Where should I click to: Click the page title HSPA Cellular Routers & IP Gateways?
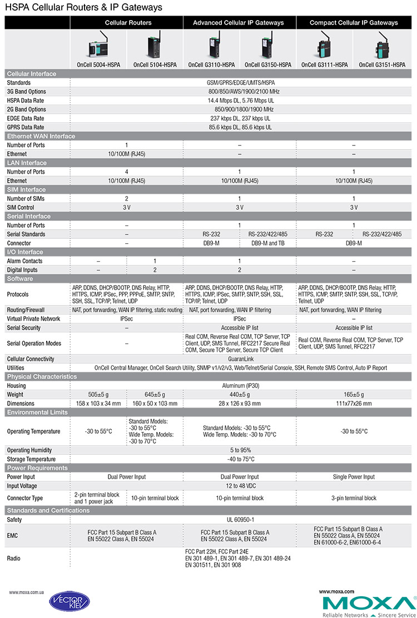pyautogui.click(x=83, y=8)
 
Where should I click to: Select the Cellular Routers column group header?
pyautogui.click(x=128, y=23)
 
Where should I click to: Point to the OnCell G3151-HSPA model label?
pyautogui.click(x=382, y=65)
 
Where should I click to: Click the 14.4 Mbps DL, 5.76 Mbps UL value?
pyautogui.click(x=241, y=101)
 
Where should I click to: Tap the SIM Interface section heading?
pyautogui.click(x=26, y=190)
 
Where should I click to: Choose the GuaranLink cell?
pyautogui.click(x=241, y=359)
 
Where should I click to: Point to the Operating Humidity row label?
pyautogui.click(x=29, y=450)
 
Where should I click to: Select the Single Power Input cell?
pyautogui.click(x=354, y=477)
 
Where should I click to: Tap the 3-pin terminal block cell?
pyautogui.click(x=354, y=498)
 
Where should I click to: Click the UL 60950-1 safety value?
pyautogui.click(x=241, y=519)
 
